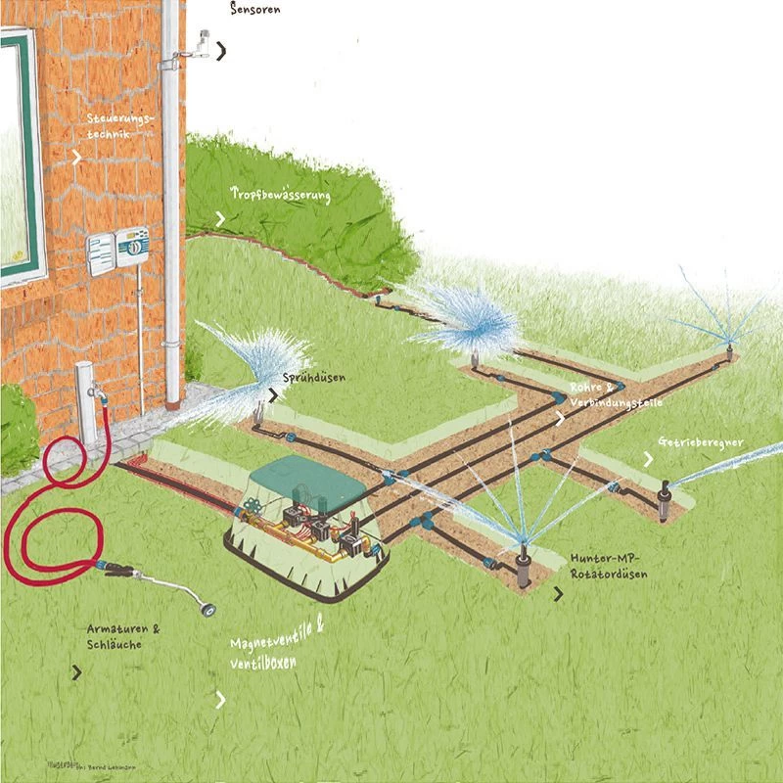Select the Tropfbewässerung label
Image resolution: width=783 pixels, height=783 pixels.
(x=281, y=194)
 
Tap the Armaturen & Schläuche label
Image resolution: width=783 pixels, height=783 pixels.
(x=122, y=637)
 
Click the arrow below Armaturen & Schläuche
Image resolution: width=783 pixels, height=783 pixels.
(x=76, y=672)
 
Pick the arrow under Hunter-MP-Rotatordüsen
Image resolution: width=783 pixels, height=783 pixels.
(x=559, y=593)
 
